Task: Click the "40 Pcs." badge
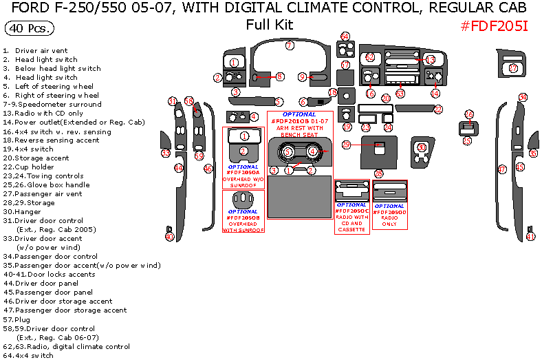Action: click(x=29, y=29)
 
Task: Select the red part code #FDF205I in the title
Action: click(x=494, y=25)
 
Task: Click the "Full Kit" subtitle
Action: click(x=270, y=25)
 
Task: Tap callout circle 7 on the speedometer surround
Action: click(x=290, y=45)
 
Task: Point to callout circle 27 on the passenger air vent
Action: click(x=513, y=68)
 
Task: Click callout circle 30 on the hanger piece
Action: click(x=422, y=147)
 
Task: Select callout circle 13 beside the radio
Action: click(x=430, y=61)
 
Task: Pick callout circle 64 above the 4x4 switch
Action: click(x=345, y=36)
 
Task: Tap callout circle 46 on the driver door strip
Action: click(x=208, y=168)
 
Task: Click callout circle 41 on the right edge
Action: click(x=530, y=236)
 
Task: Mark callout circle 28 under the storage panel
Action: click(x=378, y=173)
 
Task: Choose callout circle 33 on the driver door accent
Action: click(x=165, y=153)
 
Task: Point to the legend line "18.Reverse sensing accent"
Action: click(x=51, y=140)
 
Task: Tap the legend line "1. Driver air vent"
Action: click(x=35, y=50)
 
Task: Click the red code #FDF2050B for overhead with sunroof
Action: click(x=243, y=218)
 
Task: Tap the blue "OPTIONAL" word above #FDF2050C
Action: click(x=351, y=204)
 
